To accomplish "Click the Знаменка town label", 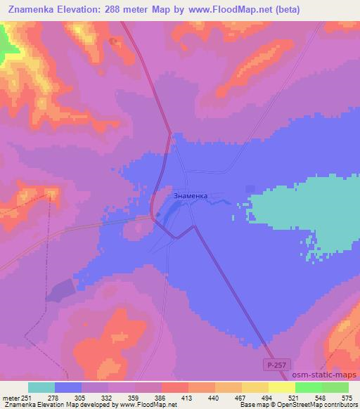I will point(190,196).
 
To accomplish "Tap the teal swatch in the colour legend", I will point(41,387).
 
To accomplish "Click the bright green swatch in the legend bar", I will point(309,387).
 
